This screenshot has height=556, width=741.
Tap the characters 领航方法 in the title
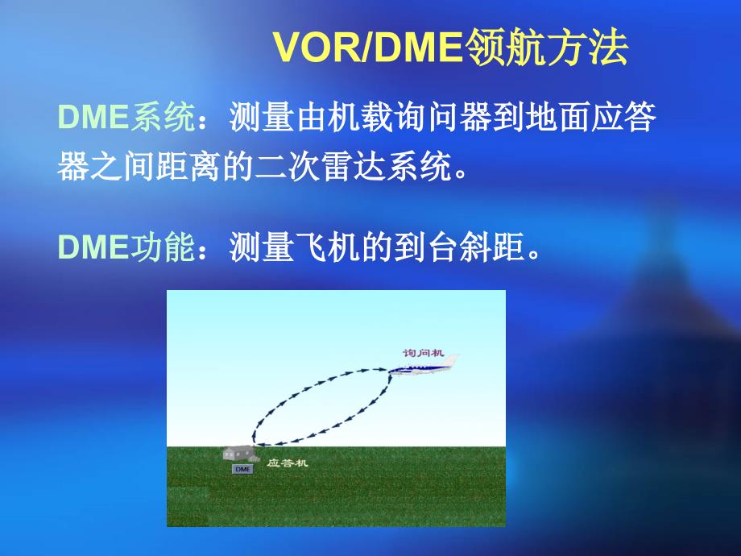tap(546, 48)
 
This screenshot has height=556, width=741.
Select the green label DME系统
tap(126, 116)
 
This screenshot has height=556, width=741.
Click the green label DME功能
tap(126, 247)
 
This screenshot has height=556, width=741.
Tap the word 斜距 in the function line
tap(492, 247)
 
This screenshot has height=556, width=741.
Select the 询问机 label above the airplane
tap(423, 353)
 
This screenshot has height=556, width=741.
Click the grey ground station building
tap(241, 454)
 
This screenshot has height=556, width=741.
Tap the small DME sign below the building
tap(242, 469)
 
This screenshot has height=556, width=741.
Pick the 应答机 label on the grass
tap(288, 463)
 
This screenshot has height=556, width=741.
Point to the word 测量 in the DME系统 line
tap(262, 116)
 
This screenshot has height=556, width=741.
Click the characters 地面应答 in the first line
tap(590, 116)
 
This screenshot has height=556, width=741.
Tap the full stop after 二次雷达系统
tap(460, 174)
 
